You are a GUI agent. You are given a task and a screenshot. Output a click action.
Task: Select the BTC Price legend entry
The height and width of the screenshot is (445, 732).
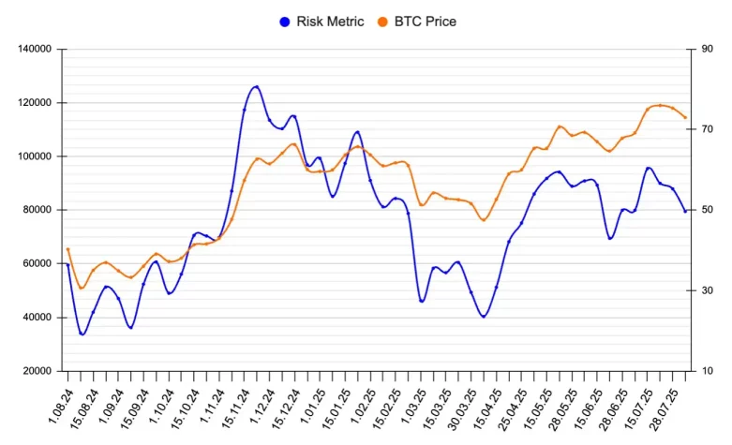pyautogui.click(x=426, y=21)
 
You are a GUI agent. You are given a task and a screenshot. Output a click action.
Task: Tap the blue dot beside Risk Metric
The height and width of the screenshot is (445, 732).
pyautogui.click(x=285, y=21)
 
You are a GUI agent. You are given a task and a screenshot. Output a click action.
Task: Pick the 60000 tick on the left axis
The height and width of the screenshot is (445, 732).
pyautogui.click(x=37, y=263)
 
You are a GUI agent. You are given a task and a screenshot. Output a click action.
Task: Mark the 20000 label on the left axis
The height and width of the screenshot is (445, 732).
pyautogui.click(x=37, y=371)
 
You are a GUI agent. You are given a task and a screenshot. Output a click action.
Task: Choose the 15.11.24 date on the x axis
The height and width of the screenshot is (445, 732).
pyautogui.click(x=233, y=408)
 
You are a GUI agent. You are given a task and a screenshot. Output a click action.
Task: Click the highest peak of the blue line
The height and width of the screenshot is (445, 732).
pyautogui.click(x=256, y=86)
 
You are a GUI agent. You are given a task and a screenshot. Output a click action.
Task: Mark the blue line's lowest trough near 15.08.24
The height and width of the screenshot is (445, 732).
pyautogui.click(x=82, y=334)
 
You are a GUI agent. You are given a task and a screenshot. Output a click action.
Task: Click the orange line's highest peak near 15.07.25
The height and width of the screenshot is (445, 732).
pyautogui.click(x=660, y=105)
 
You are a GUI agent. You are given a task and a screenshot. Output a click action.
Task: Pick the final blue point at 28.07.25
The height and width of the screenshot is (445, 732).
pyautogui.click(x=685, y=211)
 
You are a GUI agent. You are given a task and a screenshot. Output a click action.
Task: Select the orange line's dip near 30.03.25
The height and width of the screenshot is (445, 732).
pyautogui.click(x=484, y=220)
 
